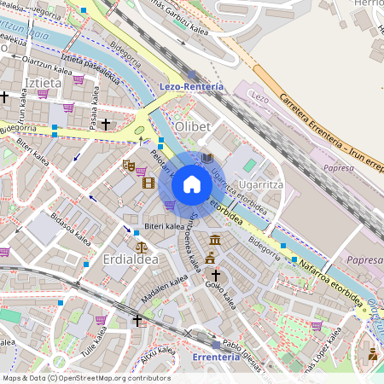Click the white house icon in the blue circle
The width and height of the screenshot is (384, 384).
192,183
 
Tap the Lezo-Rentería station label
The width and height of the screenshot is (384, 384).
191,87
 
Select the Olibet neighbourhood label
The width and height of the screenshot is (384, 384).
192,127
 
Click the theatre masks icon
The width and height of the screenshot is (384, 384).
129,165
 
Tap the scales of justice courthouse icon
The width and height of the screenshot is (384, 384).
210,258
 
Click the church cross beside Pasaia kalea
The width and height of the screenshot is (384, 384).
106,125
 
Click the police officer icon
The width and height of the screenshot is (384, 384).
372,352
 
